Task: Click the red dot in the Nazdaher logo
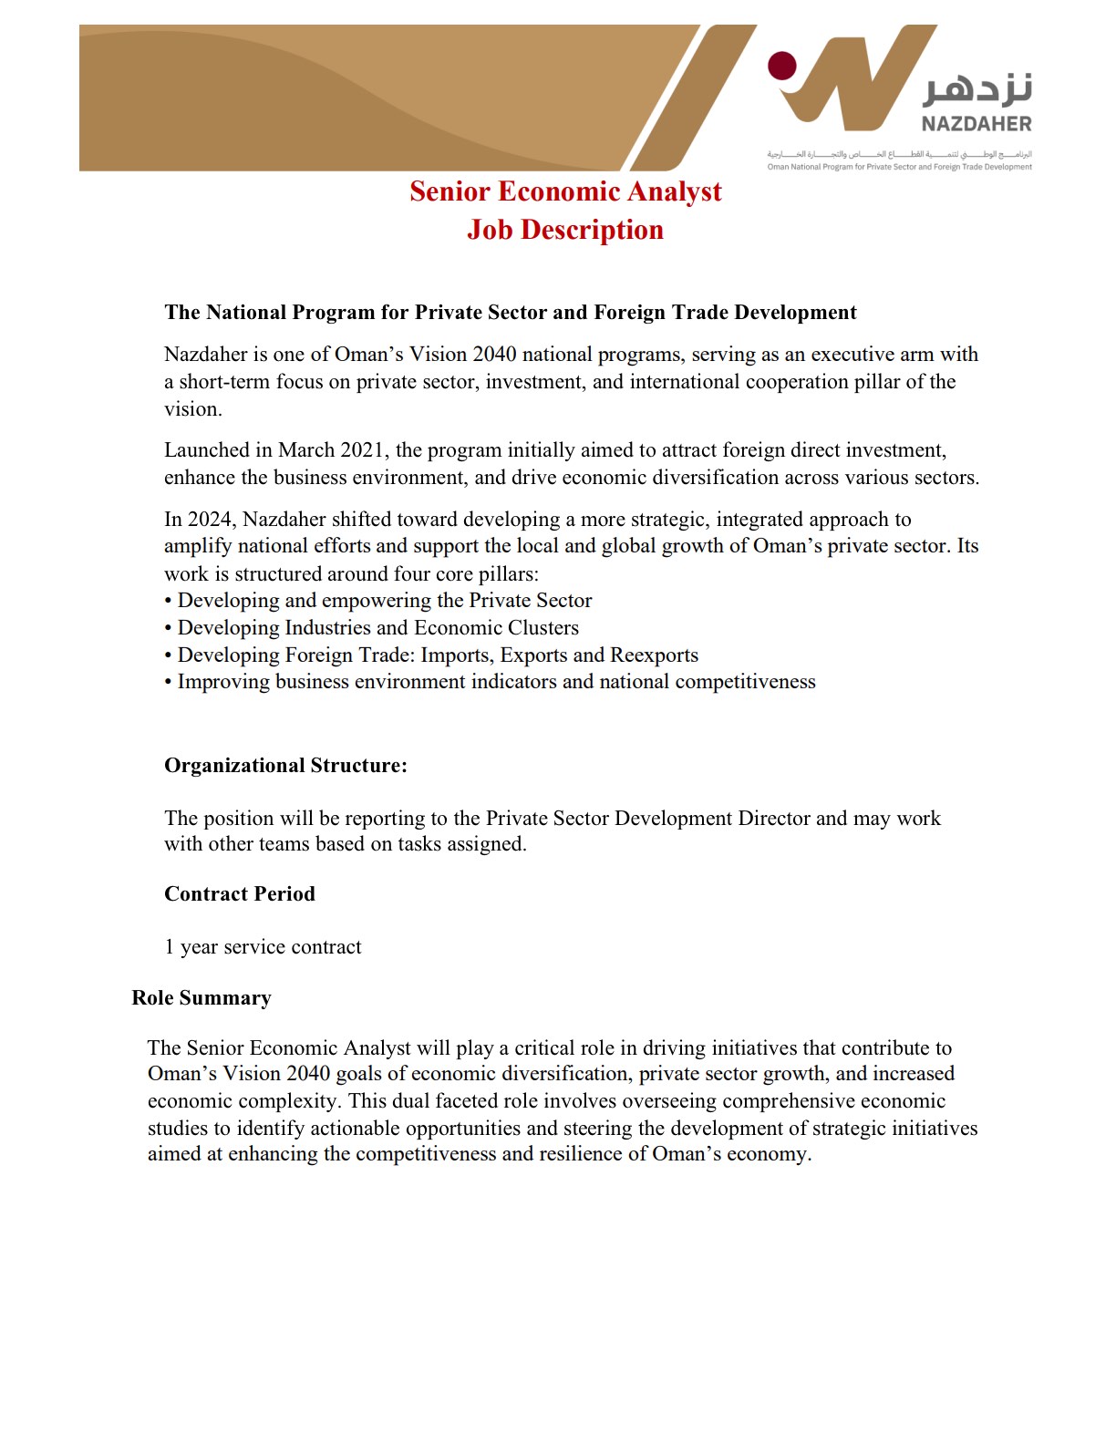pos(781,67)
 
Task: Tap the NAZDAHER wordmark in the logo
pos(976,124)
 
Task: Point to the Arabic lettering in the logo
pos(978,88)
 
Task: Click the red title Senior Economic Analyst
pos(565,191)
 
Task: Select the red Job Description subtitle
pos(565,230)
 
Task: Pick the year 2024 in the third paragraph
pos(211,520)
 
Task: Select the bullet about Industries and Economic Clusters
pos(377,628)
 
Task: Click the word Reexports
pos(654,655)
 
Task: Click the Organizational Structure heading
pos(285,766)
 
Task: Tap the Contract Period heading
pos(240,894)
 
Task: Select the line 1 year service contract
pos(263,947)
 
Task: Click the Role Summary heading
pos(201,998)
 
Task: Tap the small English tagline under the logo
pos(899,167)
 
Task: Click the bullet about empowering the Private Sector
pos(384,601)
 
